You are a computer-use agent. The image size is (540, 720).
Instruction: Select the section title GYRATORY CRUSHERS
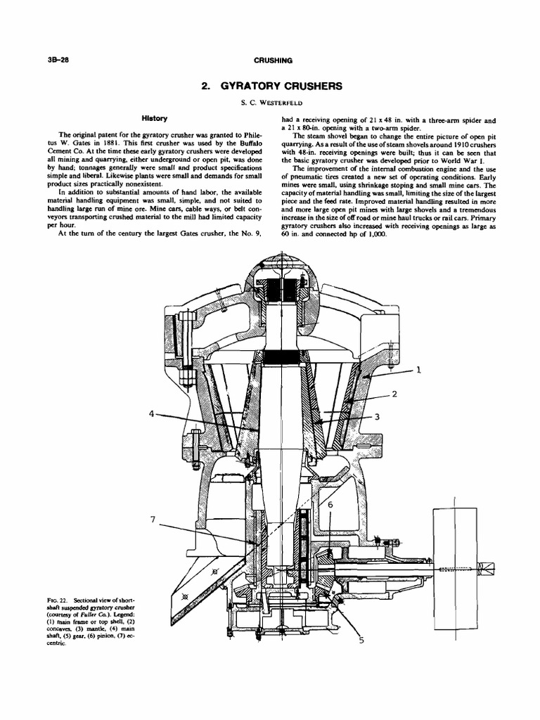282,86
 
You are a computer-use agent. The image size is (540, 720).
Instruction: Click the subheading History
153,118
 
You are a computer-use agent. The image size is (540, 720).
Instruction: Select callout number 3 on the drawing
377,416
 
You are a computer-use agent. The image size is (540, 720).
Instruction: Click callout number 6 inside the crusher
330,504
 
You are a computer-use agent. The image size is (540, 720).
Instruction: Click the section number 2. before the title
206,86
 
